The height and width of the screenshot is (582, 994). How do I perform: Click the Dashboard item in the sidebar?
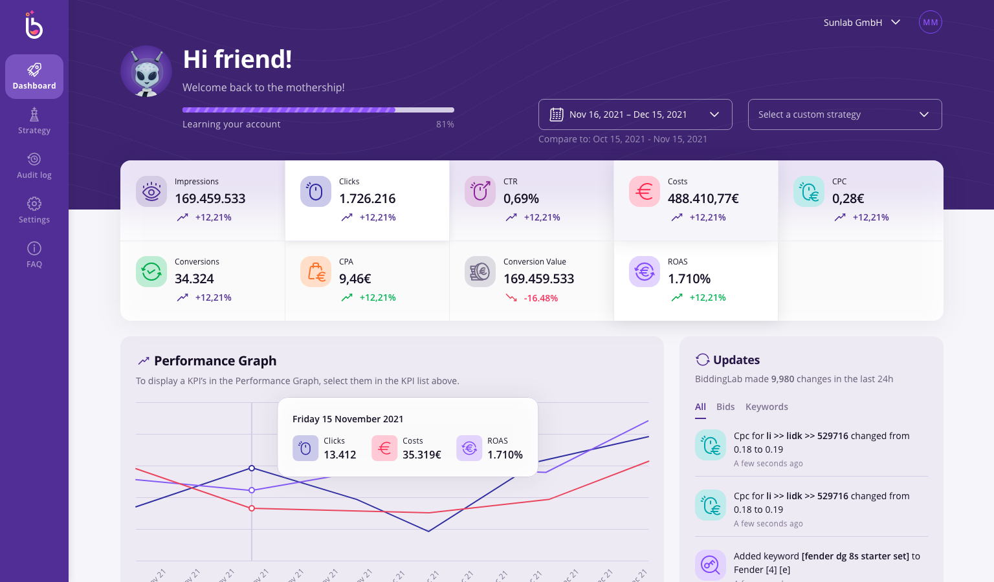click(x=34, y=76)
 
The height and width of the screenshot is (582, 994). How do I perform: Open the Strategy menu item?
click(x=34, y=121)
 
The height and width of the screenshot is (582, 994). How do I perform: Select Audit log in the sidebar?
click(x=34, y=166)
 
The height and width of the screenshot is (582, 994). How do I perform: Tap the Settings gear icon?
click(x=34, y=204)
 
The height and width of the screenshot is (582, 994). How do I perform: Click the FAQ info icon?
click(x=34, y=248)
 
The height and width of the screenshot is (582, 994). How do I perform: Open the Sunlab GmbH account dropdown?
click(x=861, y=23)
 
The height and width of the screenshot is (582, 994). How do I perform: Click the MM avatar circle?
click(x=930, y=23)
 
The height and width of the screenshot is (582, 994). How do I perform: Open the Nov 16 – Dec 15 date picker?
click(x=635, y=114)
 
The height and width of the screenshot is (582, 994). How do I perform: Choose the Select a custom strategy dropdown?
click(x=845, y=114)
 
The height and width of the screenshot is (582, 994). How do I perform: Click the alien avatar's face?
click(x=147, y=74)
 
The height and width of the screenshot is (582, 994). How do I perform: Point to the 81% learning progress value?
click(x=445, y=124)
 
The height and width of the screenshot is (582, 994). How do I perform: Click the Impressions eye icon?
click(x=151, y=191)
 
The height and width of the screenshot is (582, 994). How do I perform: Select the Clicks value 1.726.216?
click(x=367, y=199)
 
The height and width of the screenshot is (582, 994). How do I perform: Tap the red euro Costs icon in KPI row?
click(x=645, y=191)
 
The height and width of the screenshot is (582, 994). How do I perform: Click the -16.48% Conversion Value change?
click(x=540, y=298)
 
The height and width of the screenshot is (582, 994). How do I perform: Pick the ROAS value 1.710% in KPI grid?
click(x=689, y=279)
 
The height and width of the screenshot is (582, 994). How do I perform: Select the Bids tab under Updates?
click(x=725, y=407)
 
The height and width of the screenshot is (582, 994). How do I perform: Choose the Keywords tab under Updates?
click(x=766, y=407)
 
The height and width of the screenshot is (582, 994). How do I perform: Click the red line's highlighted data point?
click(x=252, y=508)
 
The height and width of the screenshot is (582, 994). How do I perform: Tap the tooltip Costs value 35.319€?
click(x=421, y=455)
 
